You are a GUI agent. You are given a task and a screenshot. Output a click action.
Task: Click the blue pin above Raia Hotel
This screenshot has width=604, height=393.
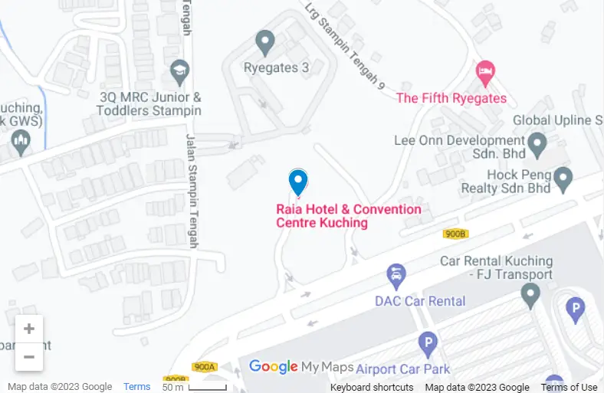[298, 182]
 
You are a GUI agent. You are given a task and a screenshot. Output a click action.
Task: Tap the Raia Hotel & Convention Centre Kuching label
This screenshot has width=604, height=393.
[348, 216]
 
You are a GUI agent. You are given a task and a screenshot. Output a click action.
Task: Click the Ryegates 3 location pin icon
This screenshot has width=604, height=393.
[265, 42]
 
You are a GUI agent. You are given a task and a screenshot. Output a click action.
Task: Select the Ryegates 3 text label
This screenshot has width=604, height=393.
[276, 68]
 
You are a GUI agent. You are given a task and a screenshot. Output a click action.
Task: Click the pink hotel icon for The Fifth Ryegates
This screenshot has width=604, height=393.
[485, 74]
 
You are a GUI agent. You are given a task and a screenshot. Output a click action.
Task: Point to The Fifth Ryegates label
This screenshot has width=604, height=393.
[451, 98]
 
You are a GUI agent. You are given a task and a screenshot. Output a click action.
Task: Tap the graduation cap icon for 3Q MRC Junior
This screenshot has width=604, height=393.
[180, 72]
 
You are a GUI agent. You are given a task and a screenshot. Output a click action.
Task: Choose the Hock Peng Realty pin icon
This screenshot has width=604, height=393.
[564, 180]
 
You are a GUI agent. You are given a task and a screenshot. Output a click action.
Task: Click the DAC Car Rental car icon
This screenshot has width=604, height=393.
[396, 273]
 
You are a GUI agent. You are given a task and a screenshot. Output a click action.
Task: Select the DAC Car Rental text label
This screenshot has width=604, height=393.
[420, 301]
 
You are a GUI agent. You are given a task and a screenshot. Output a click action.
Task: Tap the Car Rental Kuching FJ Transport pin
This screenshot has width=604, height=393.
[530, 293]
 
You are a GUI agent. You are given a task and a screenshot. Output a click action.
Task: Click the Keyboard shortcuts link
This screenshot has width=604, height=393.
[372, 387]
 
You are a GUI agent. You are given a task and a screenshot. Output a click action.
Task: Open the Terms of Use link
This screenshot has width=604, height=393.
[569, 387]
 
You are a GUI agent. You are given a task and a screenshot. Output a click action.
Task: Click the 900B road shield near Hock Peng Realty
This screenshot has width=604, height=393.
[455, 234]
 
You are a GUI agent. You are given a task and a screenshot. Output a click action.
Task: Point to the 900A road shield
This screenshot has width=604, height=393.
[205, 367]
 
